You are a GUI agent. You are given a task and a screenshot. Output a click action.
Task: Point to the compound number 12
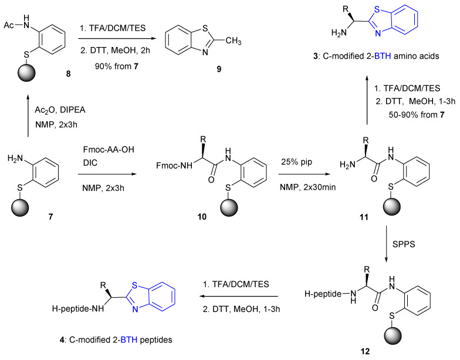[383, 352]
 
